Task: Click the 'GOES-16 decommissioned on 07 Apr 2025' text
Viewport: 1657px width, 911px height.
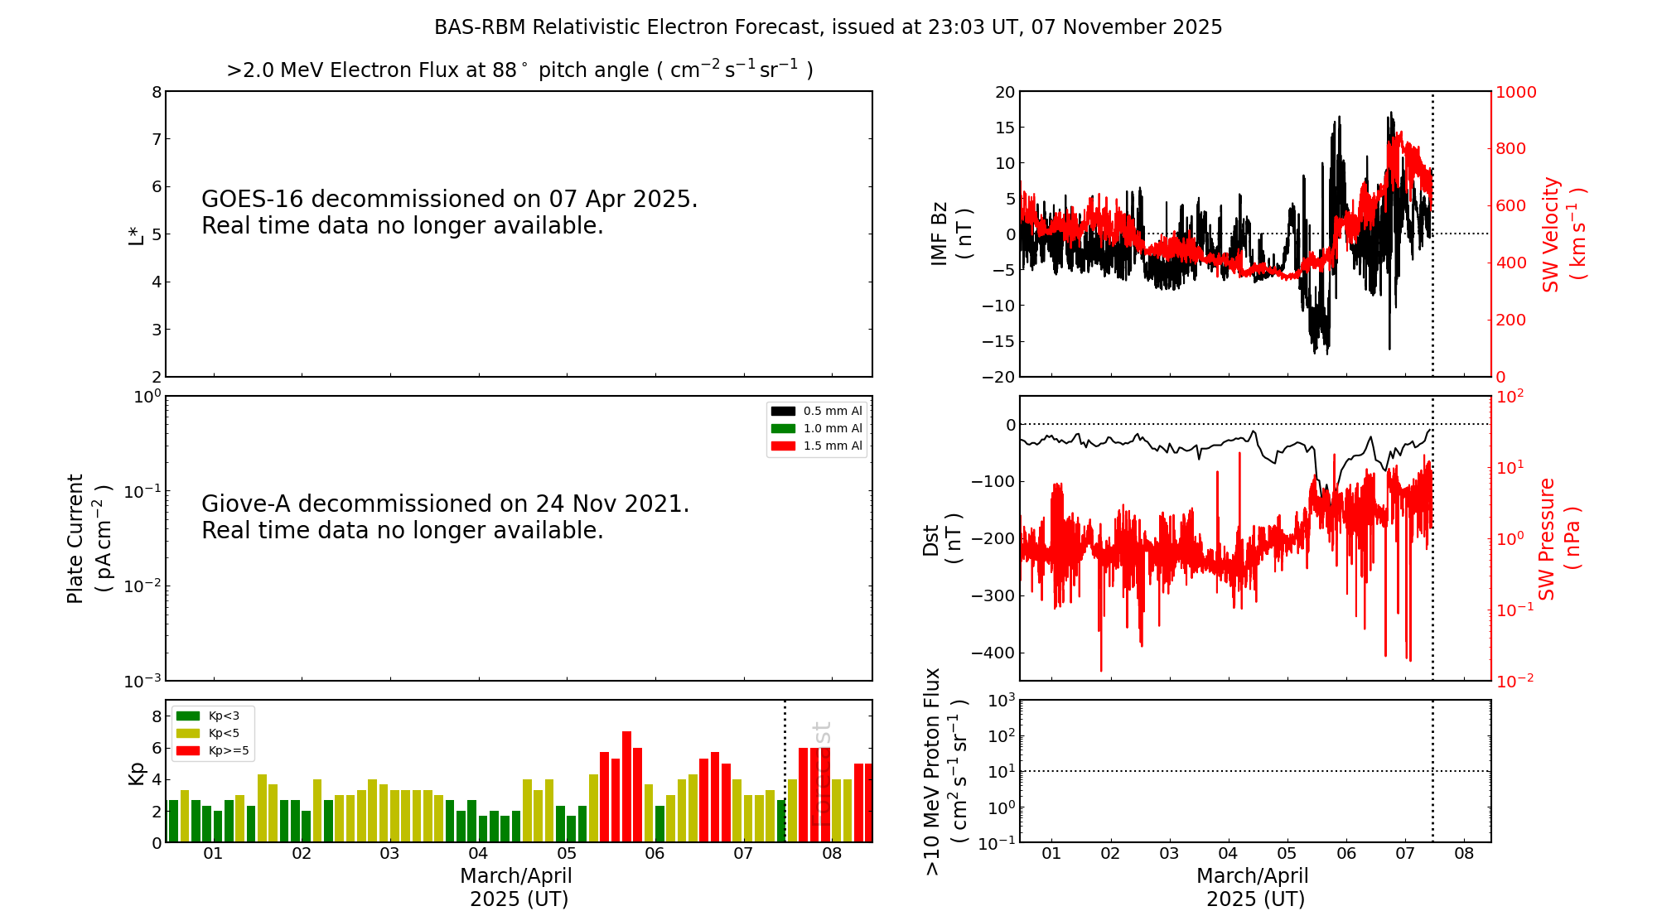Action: pos(449,200)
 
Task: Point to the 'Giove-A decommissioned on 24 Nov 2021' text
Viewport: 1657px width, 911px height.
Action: pos(445,504)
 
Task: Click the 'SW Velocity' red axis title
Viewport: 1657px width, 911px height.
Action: pos(1551,234)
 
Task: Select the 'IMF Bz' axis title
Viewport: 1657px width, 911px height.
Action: pos(940,234)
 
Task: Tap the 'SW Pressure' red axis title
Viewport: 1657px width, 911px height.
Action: pos(1547,538)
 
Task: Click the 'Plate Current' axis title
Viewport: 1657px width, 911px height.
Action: pos(75,538)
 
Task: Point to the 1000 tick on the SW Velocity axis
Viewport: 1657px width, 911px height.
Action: pos(1515,92)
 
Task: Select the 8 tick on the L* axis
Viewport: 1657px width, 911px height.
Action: pos(157,92)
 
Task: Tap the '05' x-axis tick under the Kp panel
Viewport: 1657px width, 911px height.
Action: pos(567,854)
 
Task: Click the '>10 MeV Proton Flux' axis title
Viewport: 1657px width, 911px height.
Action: pos(933,771)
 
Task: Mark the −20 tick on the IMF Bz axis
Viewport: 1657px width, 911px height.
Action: pos(998,377)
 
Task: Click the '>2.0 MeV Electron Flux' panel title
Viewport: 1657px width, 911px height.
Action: pos(519,70)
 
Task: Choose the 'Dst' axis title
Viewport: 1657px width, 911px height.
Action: pos(931,539)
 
